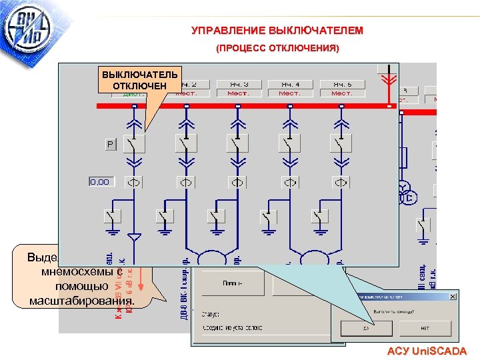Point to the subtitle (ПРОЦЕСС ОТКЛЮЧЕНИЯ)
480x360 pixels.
click(x=277, y=49)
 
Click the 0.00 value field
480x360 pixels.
click(x=100, y=181)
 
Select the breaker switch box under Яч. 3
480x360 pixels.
click(x=237, y=143)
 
